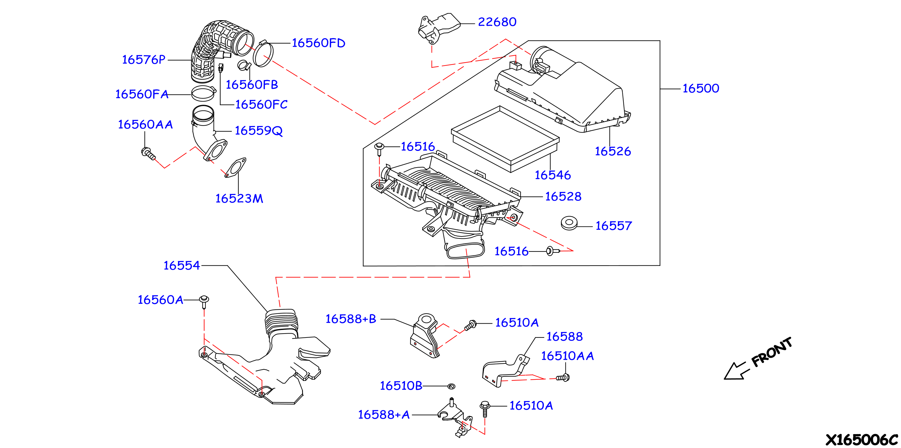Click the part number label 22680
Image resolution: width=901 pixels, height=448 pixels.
497,22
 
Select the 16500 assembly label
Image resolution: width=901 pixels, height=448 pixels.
701,88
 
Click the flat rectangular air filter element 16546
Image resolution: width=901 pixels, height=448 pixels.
505,139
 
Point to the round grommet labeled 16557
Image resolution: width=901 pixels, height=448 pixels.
569,223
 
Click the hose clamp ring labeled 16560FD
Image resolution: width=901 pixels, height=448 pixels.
263,53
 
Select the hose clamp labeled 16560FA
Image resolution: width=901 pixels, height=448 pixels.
204,93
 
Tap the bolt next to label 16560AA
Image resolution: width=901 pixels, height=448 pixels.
148,154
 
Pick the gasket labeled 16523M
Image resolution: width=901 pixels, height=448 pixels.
235,168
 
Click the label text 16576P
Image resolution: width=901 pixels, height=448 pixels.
143,59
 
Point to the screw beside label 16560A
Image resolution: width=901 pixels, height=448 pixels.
204,302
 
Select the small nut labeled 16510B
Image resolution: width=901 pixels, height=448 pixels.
451,386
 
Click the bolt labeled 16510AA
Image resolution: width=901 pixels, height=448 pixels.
563,378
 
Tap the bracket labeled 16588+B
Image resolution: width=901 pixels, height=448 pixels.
424,336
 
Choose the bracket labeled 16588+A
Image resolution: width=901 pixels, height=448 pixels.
455,418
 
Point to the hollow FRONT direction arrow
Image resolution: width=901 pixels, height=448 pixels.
736,371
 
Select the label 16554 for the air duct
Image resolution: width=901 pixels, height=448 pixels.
182,265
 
